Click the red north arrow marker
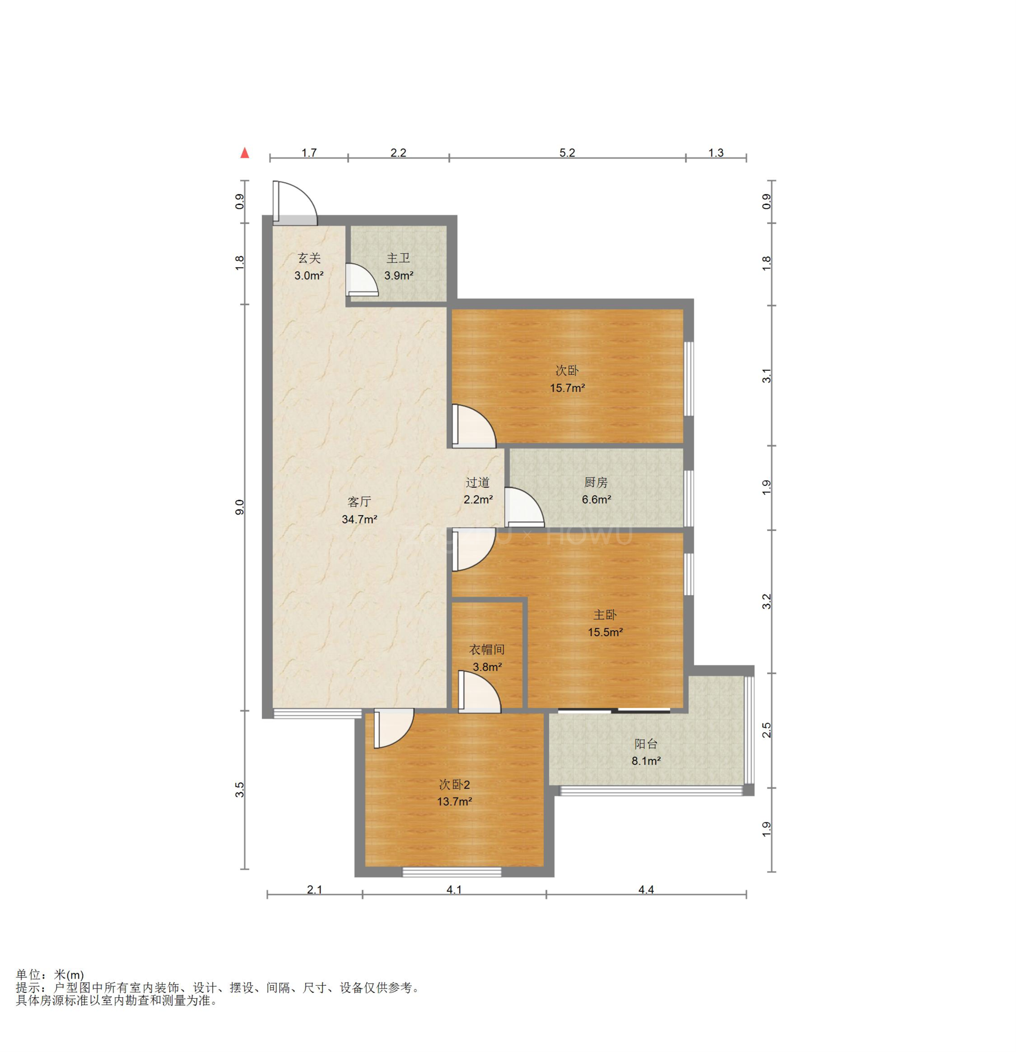click(244, 153)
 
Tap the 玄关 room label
click(309, 258)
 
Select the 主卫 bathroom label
click(398, 258)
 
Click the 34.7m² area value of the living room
click(359, 519)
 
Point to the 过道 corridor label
click(477, 482)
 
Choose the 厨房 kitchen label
click(596, 482)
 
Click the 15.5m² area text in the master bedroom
click(605, 632)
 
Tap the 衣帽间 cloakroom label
click(487, 649)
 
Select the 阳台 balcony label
click(646, 744)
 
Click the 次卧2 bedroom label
click(454, 785)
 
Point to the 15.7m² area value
click(567, 388)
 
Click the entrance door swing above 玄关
click(295, 203)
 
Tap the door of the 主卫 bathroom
click(362, 280)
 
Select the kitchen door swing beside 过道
click(524, 507)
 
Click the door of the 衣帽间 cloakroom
click(480, 692)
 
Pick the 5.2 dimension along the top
click(567, 152)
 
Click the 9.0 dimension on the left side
click(239, 507)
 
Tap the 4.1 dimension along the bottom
click(454, 889)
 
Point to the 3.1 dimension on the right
click(767, 376)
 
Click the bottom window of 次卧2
click(452, 872)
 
